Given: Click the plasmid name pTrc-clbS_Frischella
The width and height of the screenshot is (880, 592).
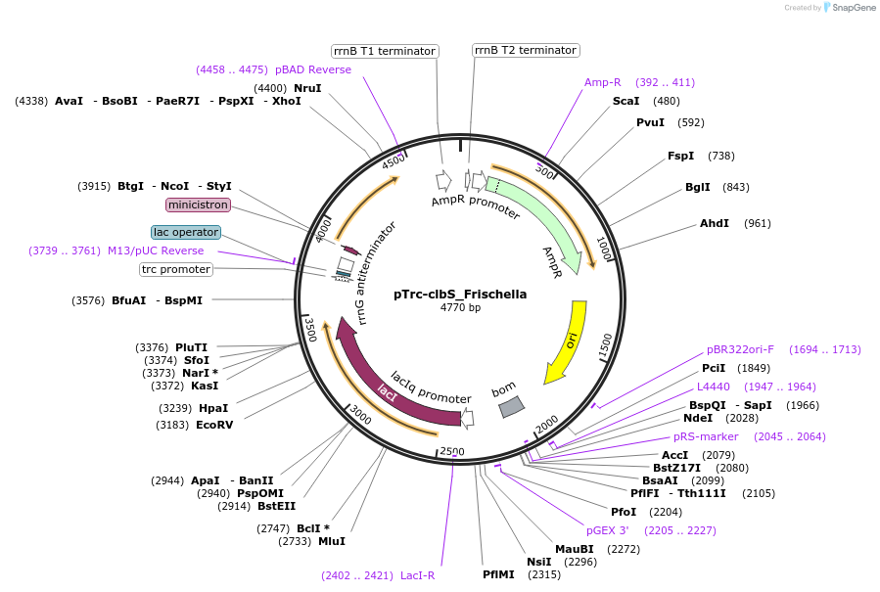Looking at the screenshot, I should click(460, 294).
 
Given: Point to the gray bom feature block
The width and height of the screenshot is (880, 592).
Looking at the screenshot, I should click(511, 406).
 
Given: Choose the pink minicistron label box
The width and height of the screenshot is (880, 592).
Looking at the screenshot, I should click(199, 205).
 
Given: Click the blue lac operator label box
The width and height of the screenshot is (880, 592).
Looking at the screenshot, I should click(186, 232).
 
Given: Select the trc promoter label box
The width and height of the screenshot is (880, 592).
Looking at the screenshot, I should click(176, 269).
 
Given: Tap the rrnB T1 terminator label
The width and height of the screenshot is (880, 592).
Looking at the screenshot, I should click(385, 51).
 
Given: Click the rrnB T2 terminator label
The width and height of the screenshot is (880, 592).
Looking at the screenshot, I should click(526, 50).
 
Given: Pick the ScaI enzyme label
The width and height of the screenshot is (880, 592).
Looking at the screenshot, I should click(625, 101).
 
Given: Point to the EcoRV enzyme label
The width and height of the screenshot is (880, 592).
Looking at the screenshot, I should click(214, 425).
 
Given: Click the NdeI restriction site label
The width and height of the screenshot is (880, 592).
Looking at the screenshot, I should click(700, 419).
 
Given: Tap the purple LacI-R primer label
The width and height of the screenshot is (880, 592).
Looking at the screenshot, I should click(423, 575).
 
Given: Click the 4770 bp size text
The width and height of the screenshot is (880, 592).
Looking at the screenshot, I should click(460, 308).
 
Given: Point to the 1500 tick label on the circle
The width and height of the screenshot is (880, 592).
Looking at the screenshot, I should click(605, 343).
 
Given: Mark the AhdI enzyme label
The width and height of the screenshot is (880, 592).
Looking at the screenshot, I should click(715, 223).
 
